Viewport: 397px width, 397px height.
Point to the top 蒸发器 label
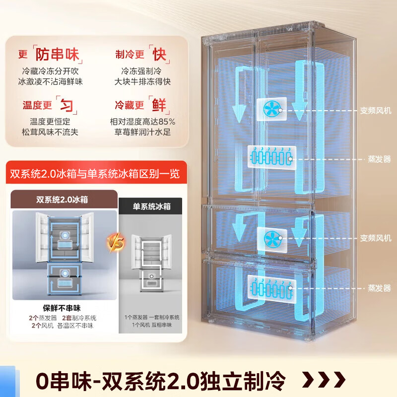coord(380,159)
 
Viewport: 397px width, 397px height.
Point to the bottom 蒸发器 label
coord(380,287)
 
